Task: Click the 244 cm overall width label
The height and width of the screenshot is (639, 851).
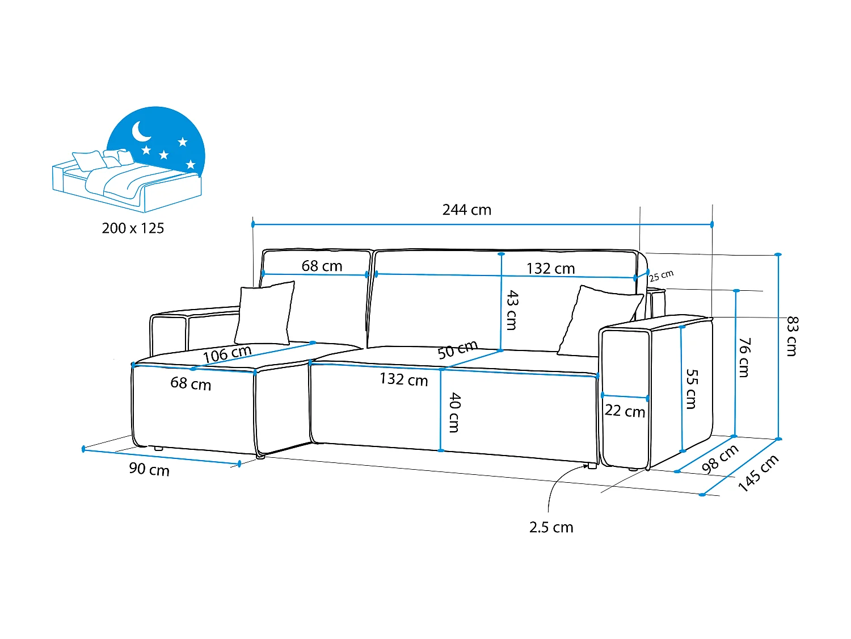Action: point(466,210)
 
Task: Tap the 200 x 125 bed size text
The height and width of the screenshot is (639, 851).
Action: point(133,228)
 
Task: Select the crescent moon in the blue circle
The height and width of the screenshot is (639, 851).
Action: point(141,131)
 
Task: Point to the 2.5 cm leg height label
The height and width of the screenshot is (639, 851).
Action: point(551,528)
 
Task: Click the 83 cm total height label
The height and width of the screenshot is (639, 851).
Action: point(792,336)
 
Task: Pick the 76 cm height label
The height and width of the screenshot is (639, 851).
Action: point(744,357)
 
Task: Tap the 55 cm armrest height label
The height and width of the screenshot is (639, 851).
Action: point(692,389)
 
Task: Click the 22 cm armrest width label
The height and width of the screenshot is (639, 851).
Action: point(625,411)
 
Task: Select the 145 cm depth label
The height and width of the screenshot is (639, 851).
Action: point(758,473)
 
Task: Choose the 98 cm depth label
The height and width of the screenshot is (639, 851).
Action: point(719,459)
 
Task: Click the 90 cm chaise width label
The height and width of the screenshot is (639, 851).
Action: point(149,469)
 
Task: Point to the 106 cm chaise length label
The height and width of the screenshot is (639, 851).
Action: point(227,354)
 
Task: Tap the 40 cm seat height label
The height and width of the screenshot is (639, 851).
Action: point(454,412)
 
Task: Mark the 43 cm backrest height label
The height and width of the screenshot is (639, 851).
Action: point(512,310)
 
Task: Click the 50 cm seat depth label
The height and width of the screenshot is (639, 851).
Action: point(457,350)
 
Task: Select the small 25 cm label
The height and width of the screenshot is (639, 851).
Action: point(661,276)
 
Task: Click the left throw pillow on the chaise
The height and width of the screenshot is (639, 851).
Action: point(265,313)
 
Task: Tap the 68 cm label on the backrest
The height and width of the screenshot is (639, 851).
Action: point(322,266)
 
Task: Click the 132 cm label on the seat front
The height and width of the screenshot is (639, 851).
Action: point(403,379)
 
